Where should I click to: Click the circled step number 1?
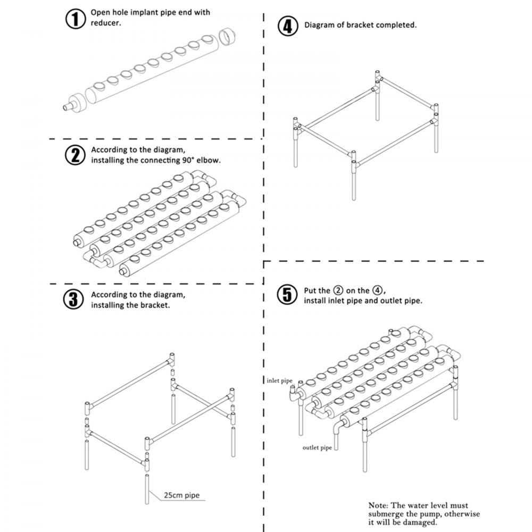pos(75,20)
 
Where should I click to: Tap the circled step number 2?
pos(75,155)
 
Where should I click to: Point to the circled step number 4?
pos(287,26)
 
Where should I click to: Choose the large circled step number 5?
pos(287,295)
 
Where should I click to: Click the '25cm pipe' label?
pos(181,495)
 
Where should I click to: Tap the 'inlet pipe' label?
pos(280,380)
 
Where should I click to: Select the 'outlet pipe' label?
pos(317,447)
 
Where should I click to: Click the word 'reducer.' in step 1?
pos(106,23)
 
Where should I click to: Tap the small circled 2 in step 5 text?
pos(338,290)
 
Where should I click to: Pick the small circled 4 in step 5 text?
pos(377,290)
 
